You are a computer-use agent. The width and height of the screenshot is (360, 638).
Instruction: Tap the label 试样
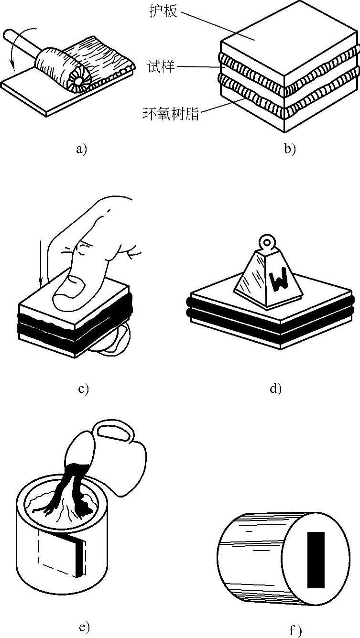click(x=161, y=66)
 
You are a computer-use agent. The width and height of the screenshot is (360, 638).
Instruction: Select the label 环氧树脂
click(x=171, y=113)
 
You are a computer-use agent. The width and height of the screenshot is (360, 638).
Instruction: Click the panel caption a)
click(x=82, y=149)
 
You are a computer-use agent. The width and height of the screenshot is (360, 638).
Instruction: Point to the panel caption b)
click(x=290, y=149)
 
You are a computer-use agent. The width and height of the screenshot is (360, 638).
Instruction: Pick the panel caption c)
click(x=83, y=388)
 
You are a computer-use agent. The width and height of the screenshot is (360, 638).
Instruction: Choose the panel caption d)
click(x=275, y=388)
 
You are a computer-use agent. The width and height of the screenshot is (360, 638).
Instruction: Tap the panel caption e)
click(x=83, y=627)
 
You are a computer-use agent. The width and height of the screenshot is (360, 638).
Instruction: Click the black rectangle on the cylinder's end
click(x=316, y=560)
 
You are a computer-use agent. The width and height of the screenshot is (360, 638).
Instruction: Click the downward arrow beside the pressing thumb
click(x=42, y=263)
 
